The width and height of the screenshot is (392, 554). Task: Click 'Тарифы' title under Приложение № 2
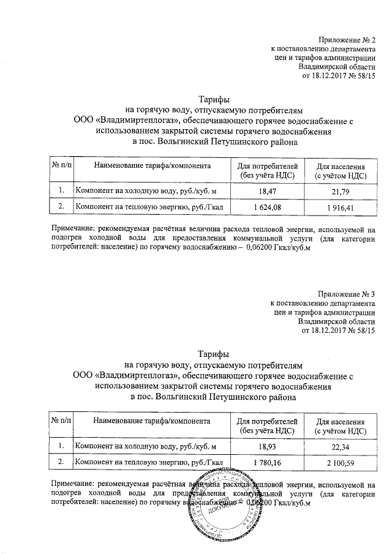[x=214, y=100]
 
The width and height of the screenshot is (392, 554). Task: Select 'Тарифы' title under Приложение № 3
[x=214, y=354]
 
